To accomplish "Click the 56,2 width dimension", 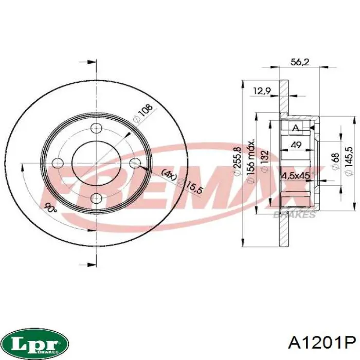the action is pyautogui.click(x=300, y=62).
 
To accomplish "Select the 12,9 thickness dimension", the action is pyautogui.click(x=262, y=91).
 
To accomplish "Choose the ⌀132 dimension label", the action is pyautogui.click(x=265, y=161).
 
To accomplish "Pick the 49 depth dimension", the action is pyautogui.click(x=296, y=145).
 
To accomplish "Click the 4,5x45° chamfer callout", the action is pyautogui.click(x=296, y=176).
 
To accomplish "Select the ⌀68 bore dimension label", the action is pyautogui.click(x=336, y=161).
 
